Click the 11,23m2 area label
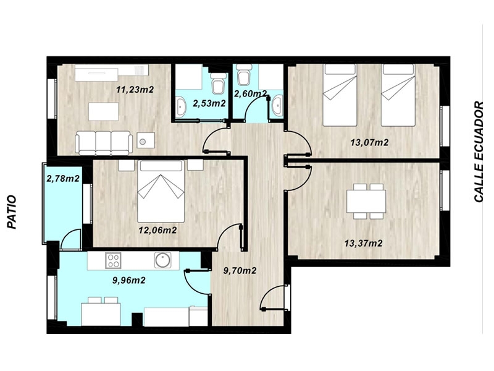point(135,90)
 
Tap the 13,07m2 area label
point(369,143)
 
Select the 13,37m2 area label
point(364,244)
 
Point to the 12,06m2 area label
point(158,230)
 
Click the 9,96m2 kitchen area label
point(129,280)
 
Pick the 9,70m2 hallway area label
point(240,271)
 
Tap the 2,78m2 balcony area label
point(63,179)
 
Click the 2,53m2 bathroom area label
point(209,103)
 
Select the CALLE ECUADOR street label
point(479,151)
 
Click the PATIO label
point(12,212)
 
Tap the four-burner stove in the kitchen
point(113,260)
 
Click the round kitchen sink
point(163,260)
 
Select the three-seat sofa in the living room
point(104,143)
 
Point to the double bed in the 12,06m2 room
point(161,191)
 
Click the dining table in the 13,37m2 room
point(366,202)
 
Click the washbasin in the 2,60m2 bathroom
point(277,105)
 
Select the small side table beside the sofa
point(146,140)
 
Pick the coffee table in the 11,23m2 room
point(104,111)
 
